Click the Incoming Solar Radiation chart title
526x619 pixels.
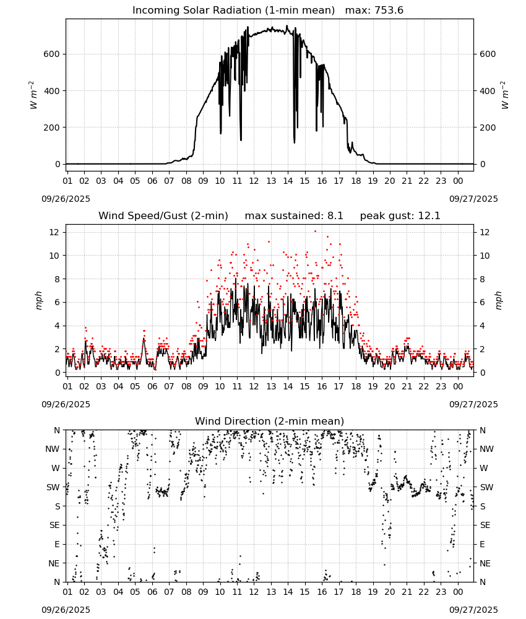click(x=233, y=11)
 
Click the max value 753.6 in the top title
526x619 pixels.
click(x=389, y=11)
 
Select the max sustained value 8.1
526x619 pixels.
click(x=335, y=216)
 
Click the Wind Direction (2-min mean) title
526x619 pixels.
click(x=270, y=421)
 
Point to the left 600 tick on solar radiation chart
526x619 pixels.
click(x=52, y=54)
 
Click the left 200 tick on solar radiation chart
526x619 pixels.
click(x=52, y=128)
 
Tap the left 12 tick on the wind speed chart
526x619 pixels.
click(x=54, y=232)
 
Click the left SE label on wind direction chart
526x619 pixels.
click(x=55, y=525)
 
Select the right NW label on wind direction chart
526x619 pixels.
click(x=486, y=449)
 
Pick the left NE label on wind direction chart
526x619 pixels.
click(x=54, y=563)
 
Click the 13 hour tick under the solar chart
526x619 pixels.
click(x=271, y=181)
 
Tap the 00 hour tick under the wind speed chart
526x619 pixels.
click(x=458, y=386)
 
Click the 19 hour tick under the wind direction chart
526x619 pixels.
click(x=373, y=592)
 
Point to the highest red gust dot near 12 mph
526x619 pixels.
click(x=315, y=232)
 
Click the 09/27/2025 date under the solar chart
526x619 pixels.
click(x=473, y=199)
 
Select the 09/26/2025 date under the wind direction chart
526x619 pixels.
click(x=66, y=610)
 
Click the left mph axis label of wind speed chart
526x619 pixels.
click(x=38, y=300)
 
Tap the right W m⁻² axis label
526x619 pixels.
click(x=505, y=95)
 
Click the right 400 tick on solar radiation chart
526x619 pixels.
click(x=488, y=91)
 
